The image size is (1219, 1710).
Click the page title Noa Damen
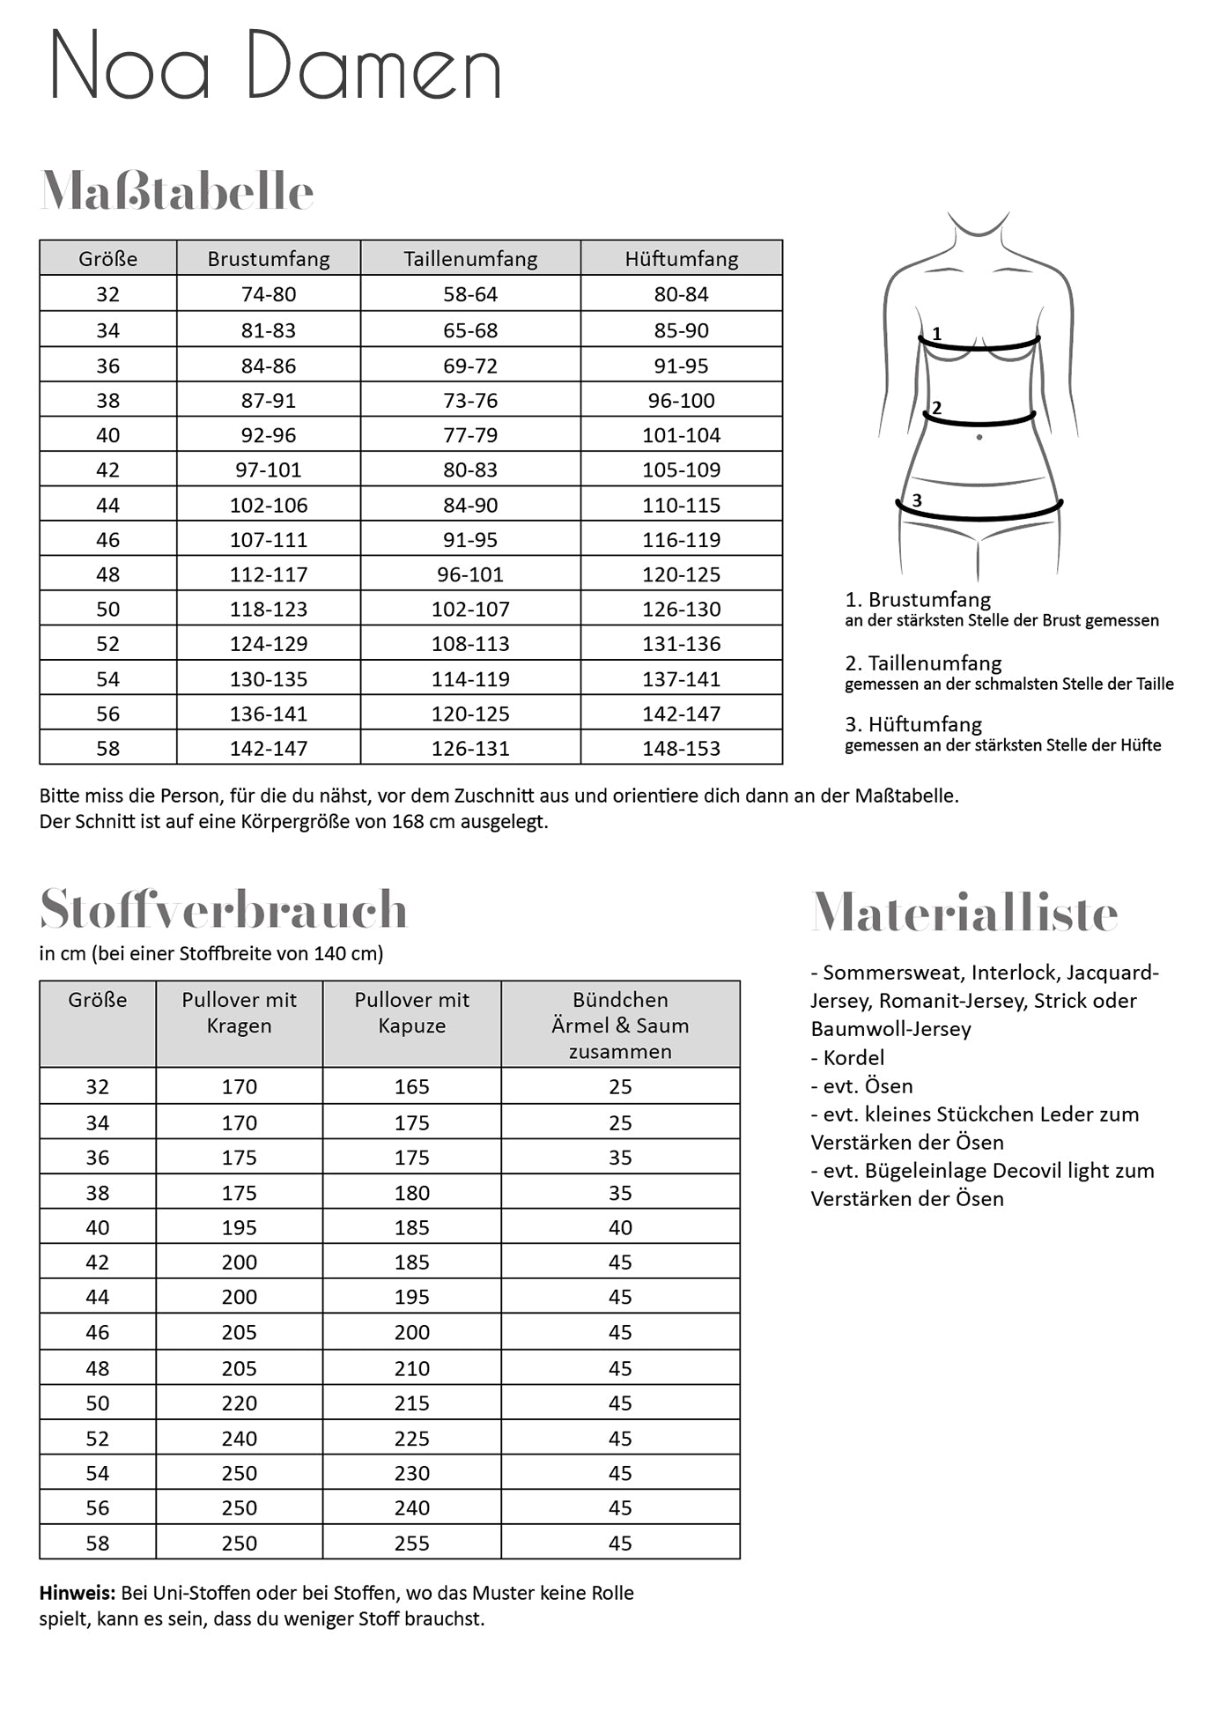[275, 65]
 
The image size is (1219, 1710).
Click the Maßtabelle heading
[177, 191]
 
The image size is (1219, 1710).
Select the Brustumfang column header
[269, 259]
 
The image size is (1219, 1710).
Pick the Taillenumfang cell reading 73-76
[470, 401]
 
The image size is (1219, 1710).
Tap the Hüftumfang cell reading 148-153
[681, 749]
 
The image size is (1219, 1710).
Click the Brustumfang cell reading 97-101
[269, 470]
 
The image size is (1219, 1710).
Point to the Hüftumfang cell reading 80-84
[681, 295]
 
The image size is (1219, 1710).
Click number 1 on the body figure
[937, 334]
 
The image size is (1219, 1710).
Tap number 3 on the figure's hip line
[917, 500]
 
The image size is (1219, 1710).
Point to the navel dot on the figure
[979, 437]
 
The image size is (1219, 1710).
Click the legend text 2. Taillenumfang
[923, 663]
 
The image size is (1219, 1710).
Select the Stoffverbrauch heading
[224, 909]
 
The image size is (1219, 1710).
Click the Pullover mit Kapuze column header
[412, 1013]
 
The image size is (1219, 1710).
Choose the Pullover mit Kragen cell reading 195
[240, 1228]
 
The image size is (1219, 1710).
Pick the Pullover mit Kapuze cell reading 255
[412, 1543]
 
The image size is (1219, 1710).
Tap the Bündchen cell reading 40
[620, 1228]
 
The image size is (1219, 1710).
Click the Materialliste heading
[964, 913]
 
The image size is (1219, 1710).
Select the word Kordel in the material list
[853, 1058]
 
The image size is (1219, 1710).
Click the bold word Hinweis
[77, 1593]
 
